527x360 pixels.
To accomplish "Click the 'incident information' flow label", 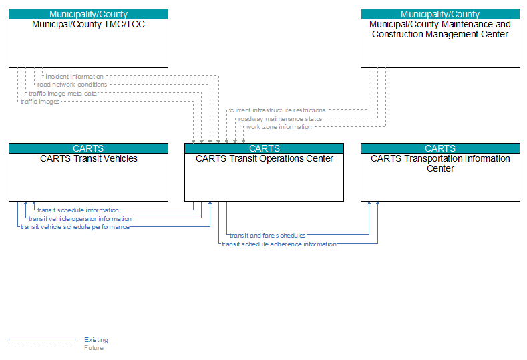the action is [x=74, y=77].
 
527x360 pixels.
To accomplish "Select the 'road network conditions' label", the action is [x=72, y=85].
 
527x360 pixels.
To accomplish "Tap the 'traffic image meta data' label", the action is [x=63, y=94].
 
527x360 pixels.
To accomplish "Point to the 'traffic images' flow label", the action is [x=40, y=102].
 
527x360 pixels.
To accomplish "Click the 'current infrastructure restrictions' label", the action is [x=278, y=110].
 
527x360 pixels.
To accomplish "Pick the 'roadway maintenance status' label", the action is [x=280, y=119].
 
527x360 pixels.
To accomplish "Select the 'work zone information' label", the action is [x=279, y=127].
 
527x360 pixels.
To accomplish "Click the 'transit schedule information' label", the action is [x=78, y=210].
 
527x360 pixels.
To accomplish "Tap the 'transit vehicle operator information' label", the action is [x=80, y=219].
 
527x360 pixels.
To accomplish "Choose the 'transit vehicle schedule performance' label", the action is [x=75, y=227].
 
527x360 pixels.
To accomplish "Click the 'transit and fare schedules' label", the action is [x=268, y=236].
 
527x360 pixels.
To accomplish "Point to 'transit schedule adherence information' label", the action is [x=279, y=244].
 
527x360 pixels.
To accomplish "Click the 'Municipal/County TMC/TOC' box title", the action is [x=88, y=25].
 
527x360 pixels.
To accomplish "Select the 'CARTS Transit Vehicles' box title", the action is [x=89, y=159].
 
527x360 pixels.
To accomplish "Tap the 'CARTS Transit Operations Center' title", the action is [x=265, y=159].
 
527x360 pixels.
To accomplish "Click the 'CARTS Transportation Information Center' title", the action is [x=440, y=164].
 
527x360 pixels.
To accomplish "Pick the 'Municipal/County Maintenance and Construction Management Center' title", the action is [x=440, y=29].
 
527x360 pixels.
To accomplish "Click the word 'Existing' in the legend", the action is [x=96, y=340].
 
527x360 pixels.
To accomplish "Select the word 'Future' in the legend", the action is [x=94, y=348].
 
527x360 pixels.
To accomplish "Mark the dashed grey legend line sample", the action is [x=42, y=347].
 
